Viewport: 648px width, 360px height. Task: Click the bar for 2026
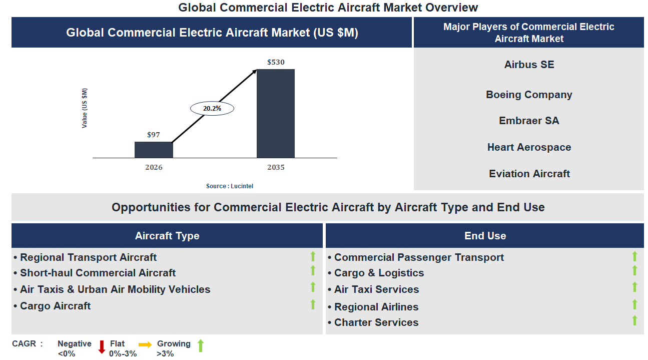tap(154, 150)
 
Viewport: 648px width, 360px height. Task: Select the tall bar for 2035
tap(275, 114)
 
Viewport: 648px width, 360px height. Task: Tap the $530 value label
tap(276, 63)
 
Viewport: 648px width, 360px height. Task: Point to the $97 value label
tap(154, 135)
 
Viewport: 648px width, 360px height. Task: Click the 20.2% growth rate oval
tap(212, 108)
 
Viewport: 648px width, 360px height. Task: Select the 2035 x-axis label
tap(276, 167)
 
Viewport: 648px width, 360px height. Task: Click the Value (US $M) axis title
tap(85, 108)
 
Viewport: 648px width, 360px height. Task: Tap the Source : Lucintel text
tap(230, 186)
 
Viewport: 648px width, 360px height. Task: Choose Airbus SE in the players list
tap(529, 65)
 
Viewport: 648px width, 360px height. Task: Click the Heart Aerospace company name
tap(529, 147)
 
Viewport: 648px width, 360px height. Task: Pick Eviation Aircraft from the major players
tap(529, 174)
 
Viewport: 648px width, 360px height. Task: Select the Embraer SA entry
tap(529, 121)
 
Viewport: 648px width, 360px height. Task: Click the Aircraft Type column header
tap(167, 236)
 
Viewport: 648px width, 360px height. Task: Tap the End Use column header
tap(485, 236)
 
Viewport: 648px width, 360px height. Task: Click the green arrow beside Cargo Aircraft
tap(313, 304)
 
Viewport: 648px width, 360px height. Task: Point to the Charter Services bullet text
tap(376, 322)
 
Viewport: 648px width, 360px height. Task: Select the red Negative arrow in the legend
tap(102, 346)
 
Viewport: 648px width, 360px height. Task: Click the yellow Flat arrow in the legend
tap(145, 344)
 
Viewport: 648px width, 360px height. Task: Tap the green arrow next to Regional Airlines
tap(634, 304)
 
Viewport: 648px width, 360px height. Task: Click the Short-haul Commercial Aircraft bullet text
tap(98, 273)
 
